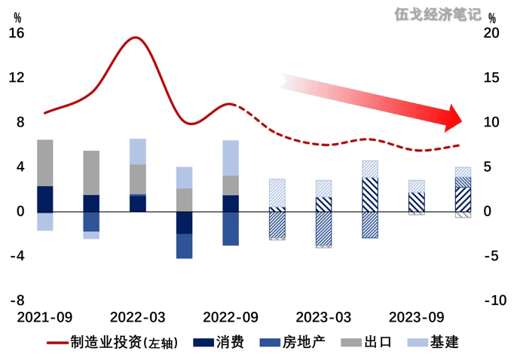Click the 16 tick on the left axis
17,33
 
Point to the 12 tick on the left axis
17,78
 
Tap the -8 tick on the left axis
17,301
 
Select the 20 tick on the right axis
491,33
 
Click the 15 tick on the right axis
491,78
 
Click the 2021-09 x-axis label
45,316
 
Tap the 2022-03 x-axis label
138,316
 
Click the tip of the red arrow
465,119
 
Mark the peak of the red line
136,37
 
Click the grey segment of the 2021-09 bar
45,163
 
